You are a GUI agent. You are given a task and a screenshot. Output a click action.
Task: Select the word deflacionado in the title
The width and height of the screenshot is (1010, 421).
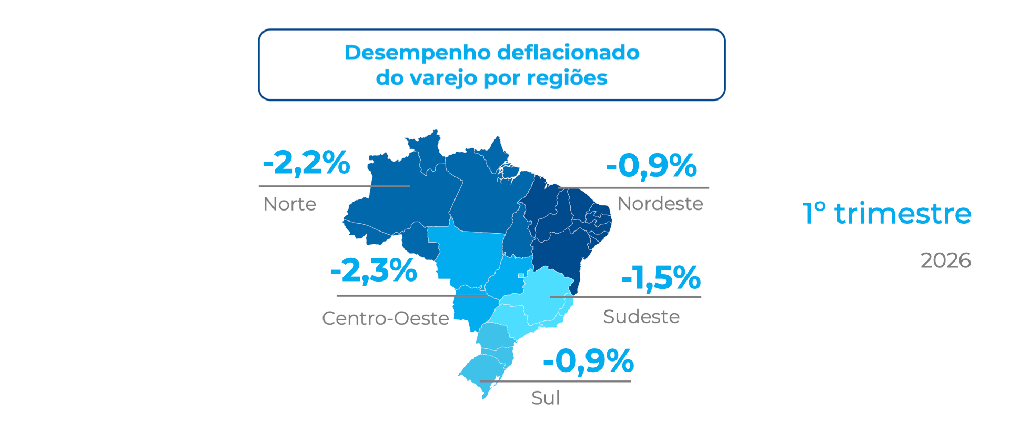[568, 53]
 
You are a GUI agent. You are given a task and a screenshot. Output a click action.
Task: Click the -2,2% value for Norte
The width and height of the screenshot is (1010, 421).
[306, 163]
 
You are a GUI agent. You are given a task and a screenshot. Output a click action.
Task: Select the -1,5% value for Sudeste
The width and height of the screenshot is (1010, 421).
[661, 277]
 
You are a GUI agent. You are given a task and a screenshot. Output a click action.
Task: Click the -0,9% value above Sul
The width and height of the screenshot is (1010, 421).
[588, 361]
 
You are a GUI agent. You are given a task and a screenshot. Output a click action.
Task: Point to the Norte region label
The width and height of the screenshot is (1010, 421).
[289, 204]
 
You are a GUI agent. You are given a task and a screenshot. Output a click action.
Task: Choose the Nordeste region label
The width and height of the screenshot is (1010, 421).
[660, 204]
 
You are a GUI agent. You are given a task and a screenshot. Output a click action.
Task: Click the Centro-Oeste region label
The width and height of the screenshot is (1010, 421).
[385, 318]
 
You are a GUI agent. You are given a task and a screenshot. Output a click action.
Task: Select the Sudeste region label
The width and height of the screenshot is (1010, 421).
[641, 317]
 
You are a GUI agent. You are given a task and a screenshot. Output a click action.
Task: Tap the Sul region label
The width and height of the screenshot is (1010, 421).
[546, 398]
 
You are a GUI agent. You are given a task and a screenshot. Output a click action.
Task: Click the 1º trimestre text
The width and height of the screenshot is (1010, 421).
[887, 214]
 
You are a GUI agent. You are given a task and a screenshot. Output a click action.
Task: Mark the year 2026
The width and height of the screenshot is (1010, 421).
[945, 260]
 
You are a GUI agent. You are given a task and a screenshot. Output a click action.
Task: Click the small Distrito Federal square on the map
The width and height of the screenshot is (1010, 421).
[521, 276]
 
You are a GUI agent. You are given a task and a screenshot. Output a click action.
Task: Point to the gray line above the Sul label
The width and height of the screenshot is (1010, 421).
[555, 381]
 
